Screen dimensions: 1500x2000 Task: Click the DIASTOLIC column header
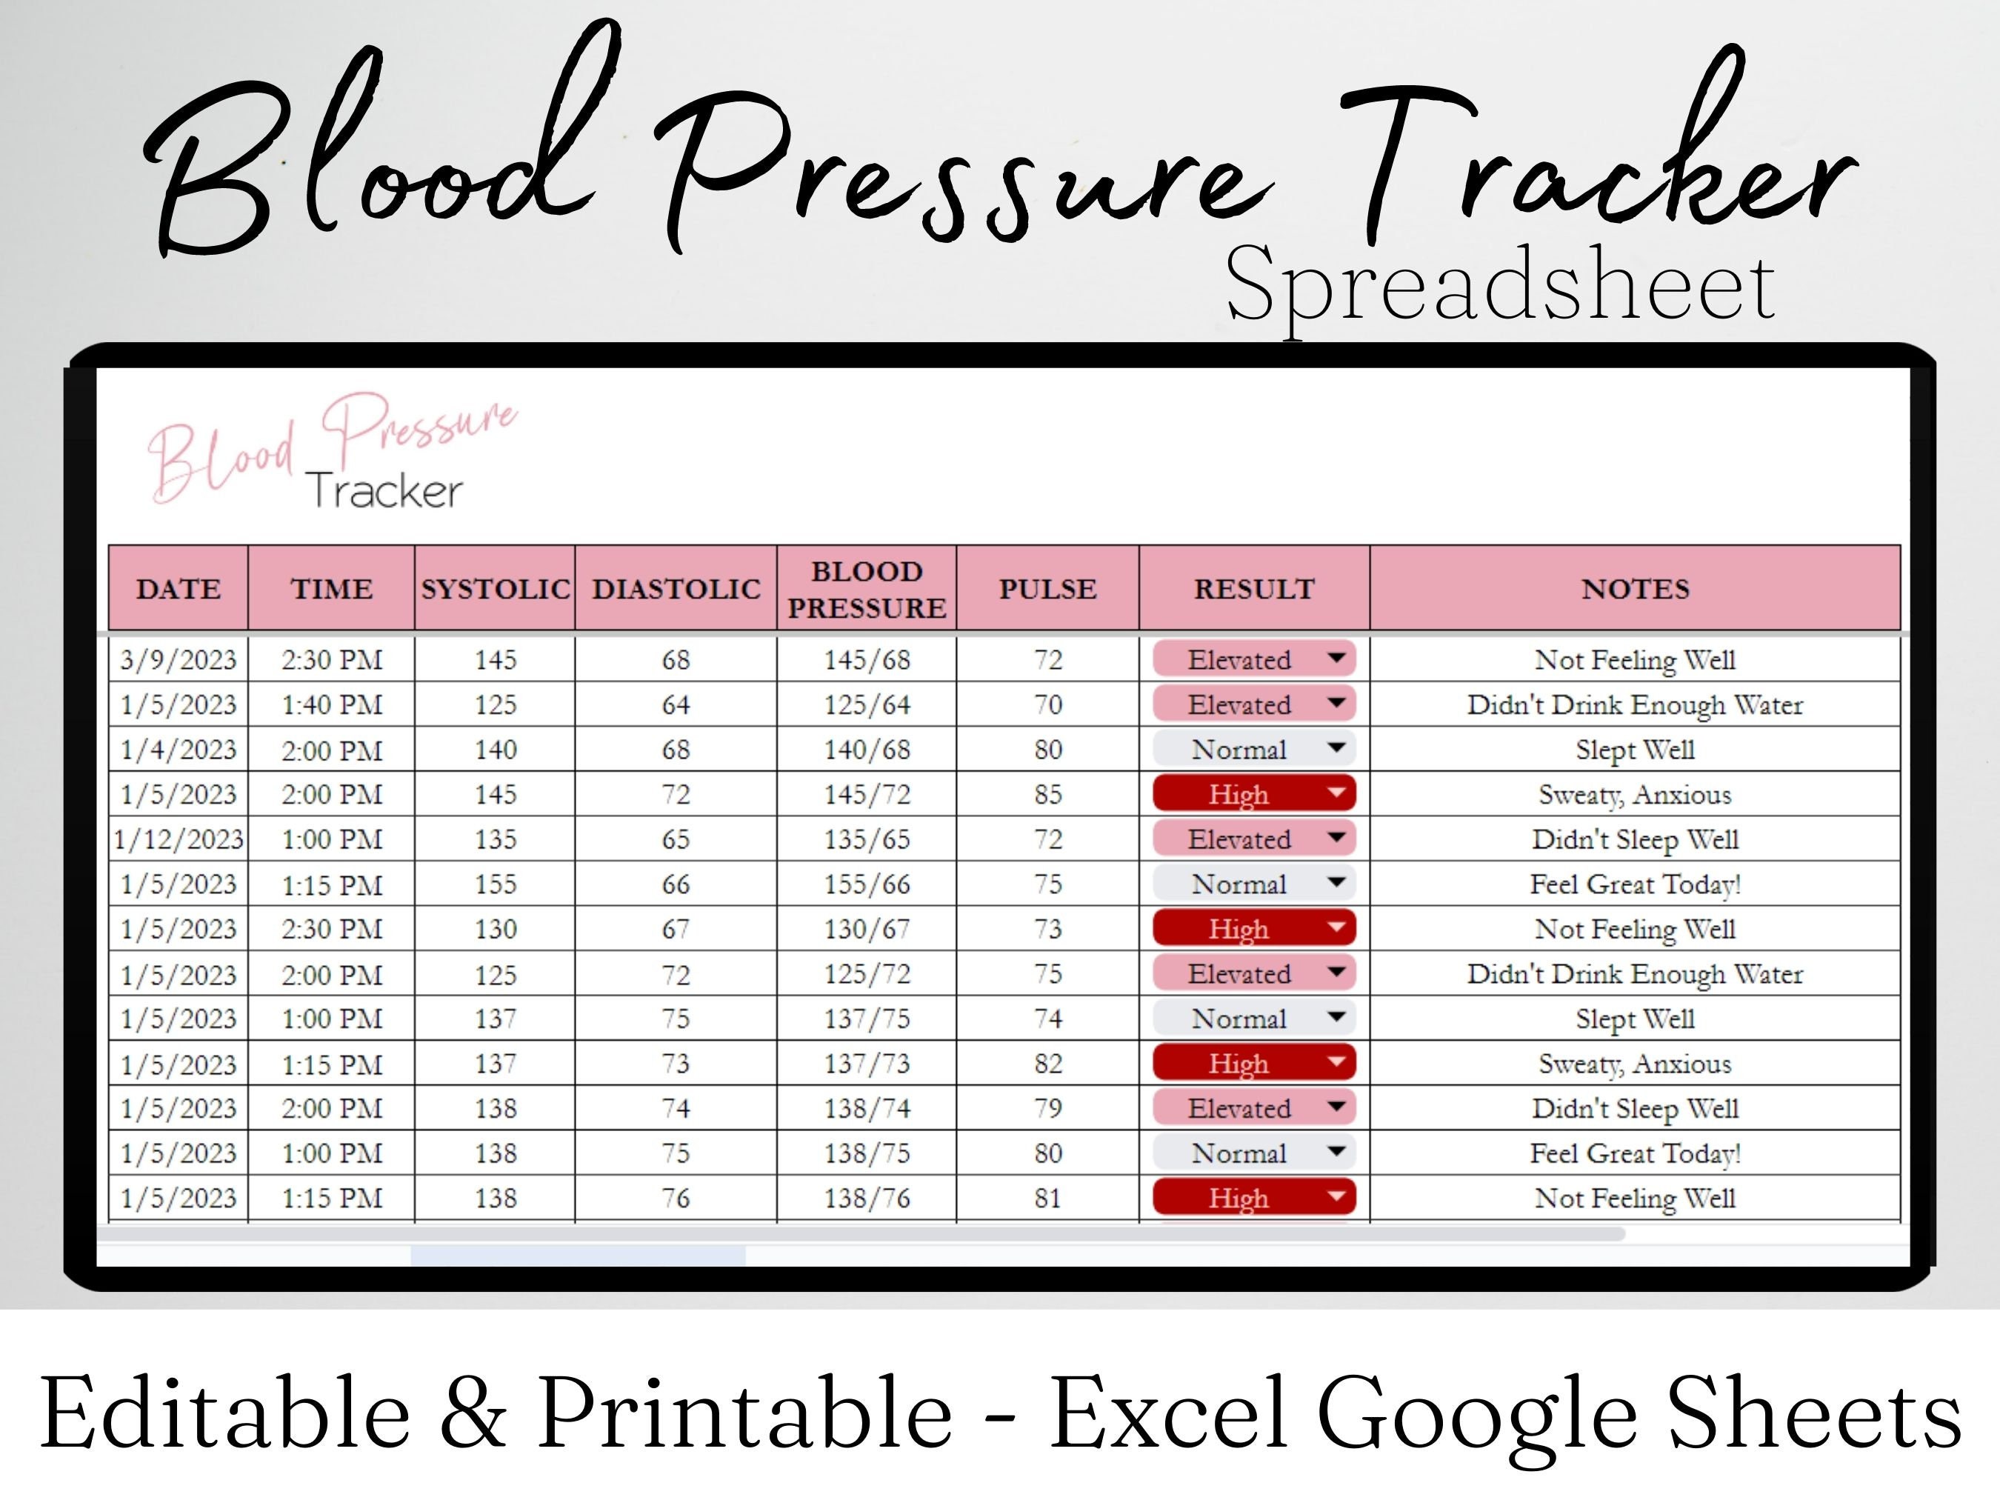(x=676, y=589)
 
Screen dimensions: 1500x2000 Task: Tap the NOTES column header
(x=1635, y=589)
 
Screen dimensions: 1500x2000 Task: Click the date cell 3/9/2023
(x=178, y=660)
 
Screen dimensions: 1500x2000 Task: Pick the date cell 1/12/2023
(x=178, y=839)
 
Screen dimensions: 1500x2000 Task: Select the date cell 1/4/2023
(x=178, y=750)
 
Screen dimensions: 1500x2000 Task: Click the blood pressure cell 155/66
(x=866, y=884)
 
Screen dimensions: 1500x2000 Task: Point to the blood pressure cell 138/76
(x=866, y=1198)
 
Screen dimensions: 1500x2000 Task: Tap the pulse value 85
(x=1048, y=795)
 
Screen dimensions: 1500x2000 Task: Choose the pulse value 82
(x=1048, y=1063)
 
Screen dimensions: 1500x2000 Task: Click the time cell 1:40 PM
(x=332, y=704)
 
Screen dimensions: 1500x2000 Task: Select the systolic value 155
(x=496, y=884)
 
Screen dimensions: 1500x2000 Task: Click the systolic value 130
(x=496, y=929)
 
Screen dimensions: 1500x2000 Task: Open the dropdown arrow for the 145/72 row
(x=1336, y=793)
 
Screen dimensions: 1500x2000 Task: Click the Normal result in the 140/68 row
(x=1239, y=750)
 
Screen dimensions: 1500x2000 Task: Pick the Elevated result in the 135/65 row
(x=1239, y=839)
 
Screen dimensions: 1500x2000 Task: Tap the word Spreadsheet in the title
(x=1500, y=287)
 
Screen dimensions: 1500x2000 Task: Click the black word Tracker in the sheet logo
(x=384, y=491)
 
